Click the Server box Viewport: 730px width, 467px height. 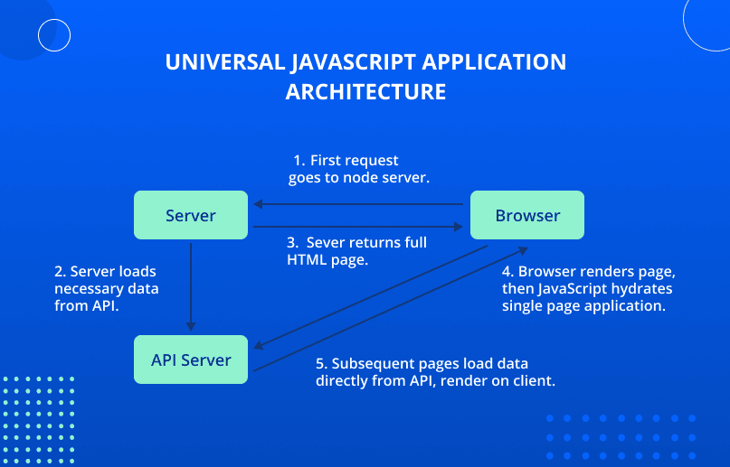(190, 215)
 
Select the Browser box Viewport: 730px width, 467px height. (527, 215)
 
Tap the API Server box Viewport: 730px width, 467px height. (190, 360)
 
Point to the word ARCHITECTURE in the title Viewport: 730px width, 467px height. (365, 91)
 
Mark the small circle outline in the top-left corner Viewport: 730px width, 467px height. (54, 34)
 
